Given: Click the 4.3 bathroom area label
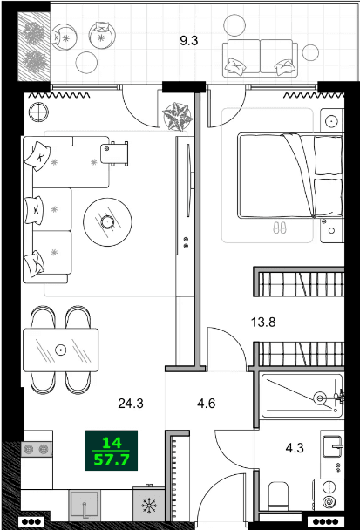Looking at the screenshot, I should (295, 450).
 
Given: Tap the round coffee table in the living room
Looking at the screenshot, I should (107, 222).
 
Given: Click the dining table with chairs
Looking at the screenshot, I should (61, 350).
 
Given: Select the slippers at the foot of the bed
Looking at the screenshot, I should (280, 228).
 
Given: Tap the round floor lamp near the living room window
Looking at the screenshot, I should (37, 111).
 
